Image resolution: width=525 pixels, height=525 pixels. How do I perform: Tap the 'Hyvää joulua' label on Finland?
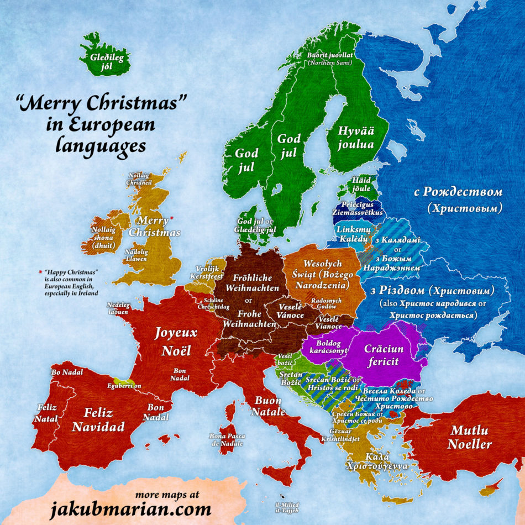(352, 138)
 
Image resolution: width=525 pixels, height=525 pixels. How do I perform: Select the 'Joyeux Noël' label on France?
(176, 341)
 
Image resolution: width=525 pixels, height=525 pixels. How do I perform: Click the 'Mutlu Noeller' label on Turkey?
(470, 437)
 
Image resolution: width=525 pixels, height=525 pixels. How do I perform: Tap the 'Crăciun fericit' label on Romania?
(384, 355)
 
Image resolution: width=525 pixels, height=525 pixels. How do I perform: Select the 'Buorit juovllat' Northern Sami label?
(329, 59)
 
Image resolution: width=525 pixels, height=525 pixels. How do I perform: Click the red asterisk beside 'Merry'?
(172, 219)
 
